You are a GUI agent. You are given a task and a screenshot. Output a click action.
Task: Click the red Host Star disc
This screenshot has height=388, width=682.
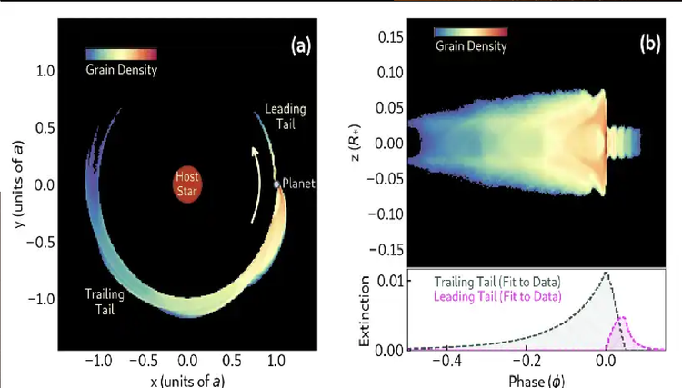[187, 184]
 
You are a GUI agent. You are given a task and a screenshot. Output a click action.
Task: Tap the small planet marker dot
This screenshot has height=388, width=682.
[277, 184]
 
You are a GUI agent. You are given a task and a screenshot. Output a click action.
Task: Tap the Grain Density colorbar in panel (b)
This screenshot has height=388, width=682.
[470, 32]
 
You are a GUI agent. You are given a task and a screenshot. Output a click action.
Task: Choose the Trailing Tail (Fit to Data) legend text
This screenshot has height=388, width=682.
[496, 282]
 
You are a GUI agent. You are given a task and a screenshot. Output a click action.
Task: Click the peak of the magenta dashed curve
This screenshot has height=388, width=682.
[622, 318]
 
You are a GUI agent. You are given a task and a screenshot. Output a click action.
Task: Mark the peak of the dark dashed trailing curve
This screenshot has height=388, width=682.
[606, 273]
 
